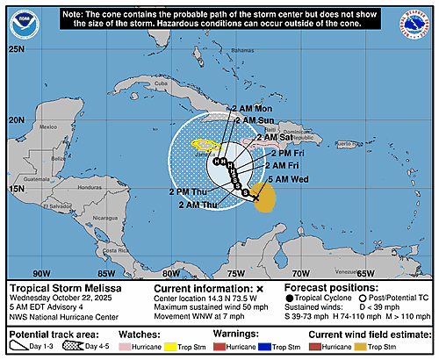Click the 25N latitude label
(15, 49)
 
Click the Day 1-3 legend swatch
(19, 348)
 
